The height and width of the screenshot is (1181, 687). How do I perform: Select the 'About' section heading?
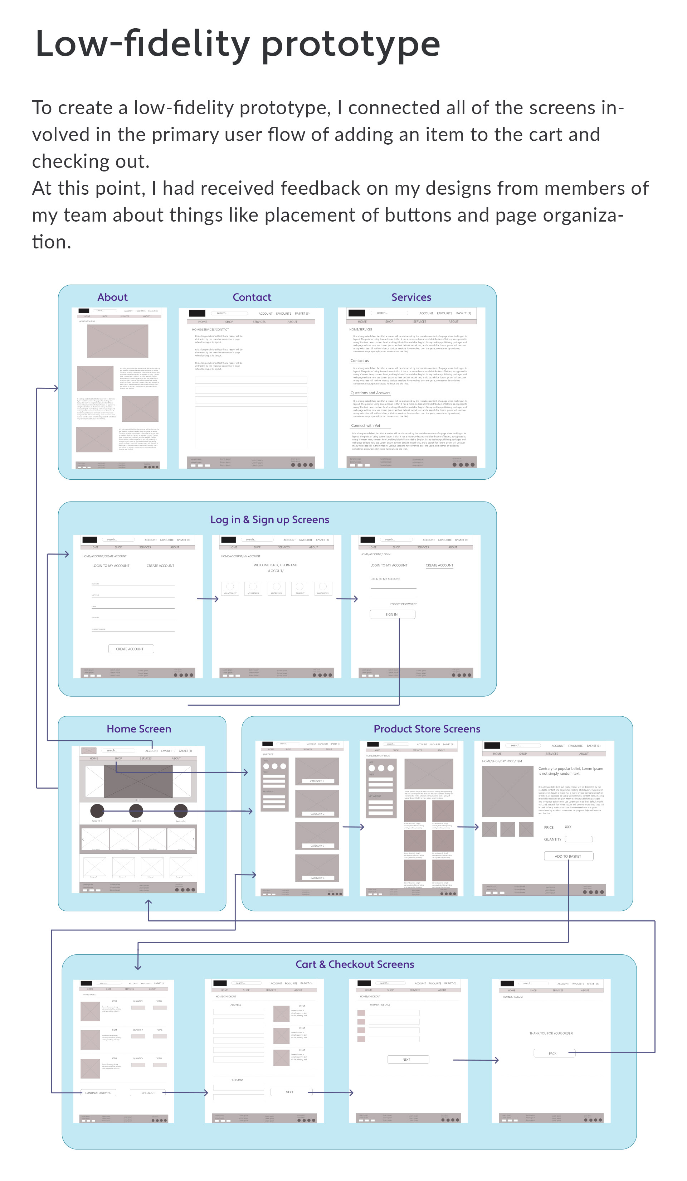point(112,297)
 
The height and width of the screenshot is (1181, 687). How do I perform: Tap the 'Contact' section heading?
point(252,297)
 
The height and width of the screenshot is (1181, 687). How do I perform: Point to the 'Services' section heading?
point(411,297)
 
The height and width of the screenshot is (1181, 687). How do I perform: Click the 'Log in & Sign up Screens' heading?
point(269,519)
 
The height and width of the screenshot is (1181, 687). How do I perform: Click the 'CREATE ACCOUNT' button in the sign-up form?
point(131,649)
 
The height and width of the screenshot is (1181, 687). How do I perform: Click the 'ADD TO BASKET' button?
point(568,856)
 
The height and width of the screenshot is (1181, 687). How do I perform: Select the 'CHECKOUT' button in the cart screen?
point(148,1093)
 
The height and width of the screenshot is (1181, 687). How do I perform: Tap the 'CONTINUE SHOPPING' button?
point(98,1093)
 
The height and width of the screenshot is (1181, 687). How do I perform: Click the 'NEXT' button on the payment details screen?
point(407,1059)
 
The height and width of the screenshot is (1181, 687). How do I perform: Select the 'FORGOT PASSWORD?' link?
point(403,604)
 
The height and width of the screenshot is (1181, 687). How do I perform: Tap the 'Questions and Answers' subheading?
point(370,393)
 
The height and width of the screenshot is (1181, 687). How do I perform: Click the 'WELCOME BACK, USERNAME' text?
point(276,565)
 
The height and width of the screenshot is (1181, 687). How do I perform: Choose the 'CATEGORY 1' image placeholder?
point(317,772)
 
